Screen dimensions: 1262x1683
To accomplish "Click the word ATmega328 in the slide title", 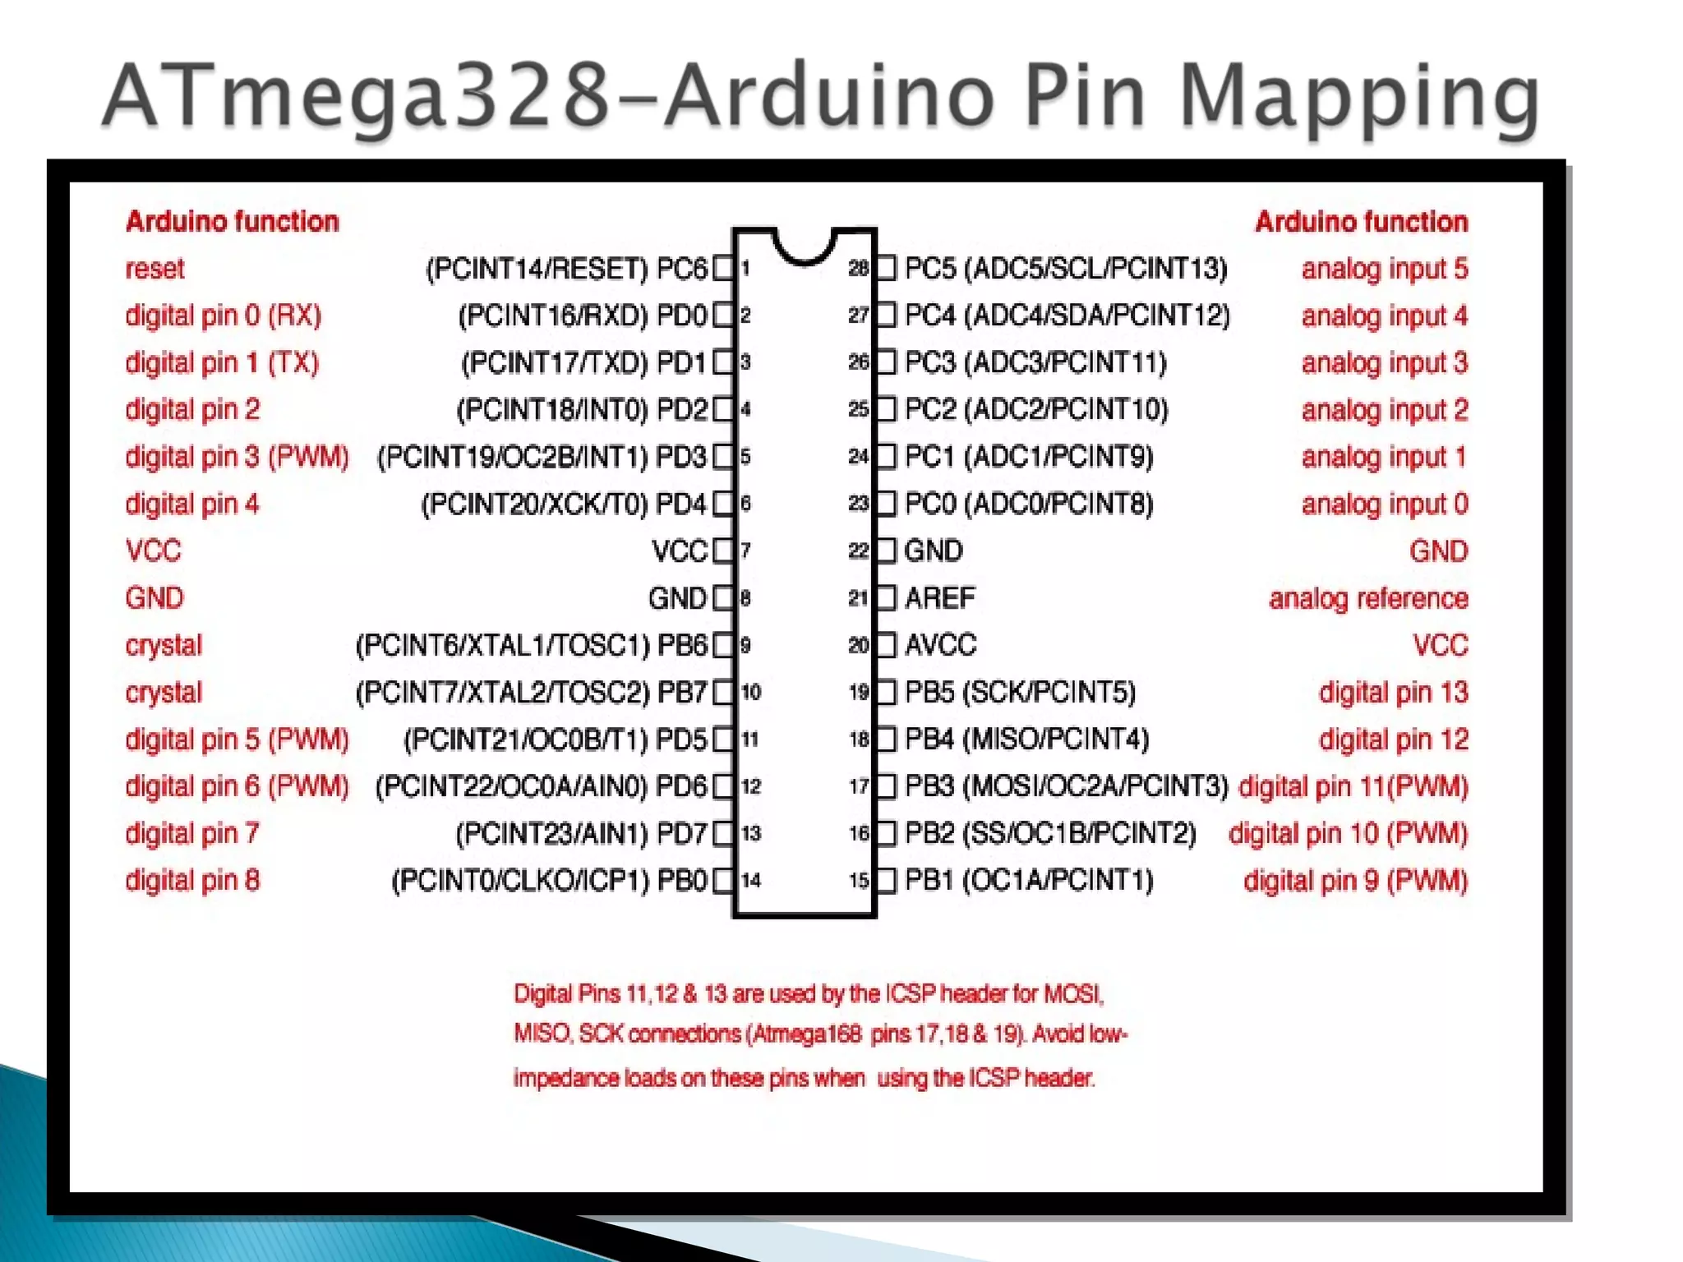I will point(357,97).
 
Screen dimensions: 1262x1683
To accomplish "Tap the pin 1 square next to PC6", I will point(722,269).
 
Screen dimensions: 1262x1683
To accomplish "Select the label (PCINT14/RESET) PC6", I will point(566,269).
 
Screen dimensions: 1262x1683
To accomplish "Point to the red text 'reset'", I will point(154,269).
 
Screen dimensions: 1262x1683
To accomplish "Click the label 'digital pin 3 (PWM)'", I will point(237,457).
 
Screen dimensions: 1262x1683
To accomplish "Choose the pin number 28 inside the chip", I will point(858,269).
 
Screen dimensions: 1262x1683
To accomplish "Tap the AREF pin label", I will point(939,598).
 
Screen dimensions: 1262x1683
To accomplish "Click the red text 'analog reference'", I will point(1367,598).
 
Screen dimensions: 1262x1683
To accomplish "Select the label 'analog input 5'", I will point(1384,269).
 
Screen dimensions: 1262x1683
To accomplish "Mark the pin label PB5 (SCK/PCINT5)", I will point(1020,693).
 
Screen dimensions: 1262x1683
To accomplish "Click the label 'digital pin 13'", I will point(1393,693).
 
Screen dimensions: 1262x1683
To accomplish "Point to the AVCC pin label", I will point(940,645).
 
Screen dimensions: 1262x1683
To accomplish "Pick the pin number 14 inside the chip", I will point(751,881).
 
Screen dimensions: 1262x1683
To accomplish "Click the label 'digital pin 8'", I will point(192,881).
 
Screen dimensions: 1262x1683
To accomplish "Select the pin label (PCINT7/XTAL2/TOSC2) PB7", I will point(531,693).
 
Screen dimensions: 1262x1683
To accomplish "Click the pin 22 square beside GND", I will point(886,550).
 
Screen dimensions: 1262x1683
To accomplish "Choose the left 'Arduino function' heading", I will point(232,222).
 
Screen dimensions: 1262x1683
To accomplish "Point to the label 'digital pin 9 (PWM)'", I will point(1355,881).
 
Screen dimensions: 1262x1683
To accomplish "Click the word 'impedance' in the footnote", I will point(565,1078).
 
